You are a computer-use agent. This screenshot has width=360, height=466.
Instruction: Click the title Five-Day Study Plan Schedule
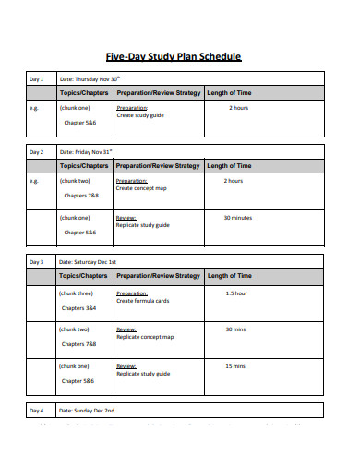point(180,57)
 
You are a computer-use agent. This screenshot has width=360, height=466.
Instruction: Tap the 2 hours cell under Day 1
point(238,108)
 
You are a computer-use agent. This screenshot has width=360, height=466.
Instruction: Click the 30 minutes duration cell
point(238,218)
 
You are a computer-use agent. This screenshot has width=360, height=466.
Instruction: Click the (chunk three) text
point(76,293)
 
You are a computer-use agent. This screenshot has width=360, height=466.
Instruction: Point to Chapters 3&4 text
point(78,307)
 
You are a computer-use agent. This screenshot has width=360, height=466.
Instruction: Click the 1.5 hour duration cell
point(236,293)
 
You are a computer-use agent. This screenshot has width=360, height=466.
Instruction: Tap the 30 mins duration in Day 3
point(236,329)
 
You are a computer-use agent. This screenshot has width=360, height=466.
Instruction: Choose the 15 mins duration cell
point(236,365)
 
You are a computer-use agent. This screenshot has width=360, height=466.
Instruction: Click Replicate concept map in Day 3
point(145,337)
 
